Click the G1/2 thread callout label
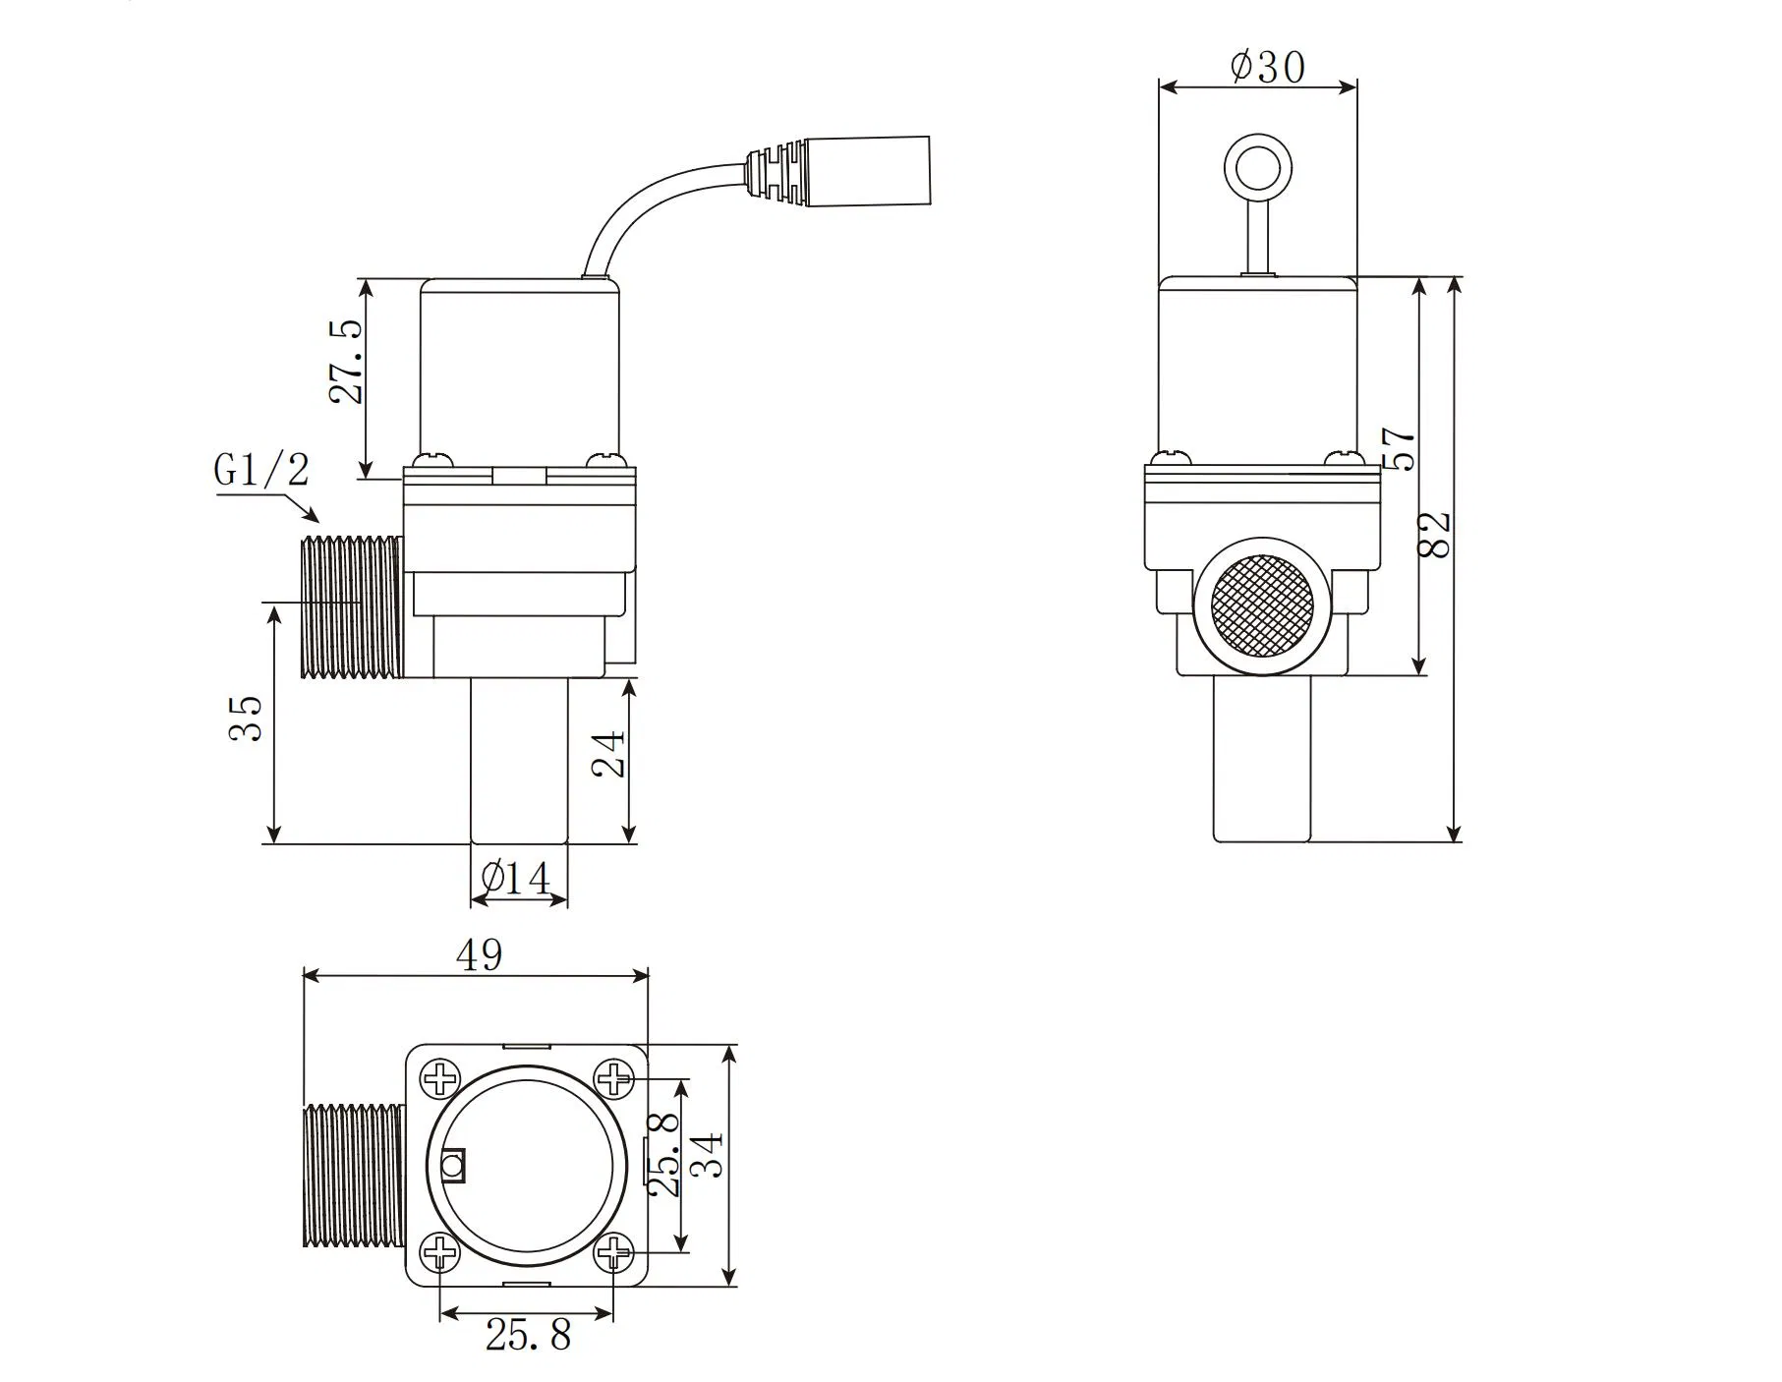coord(260,470)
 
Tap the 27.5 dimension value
coord(347,361)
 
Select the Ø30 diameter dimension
coord(1267,67)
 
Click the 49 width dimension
coord(480,954)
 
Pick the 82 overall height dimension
coord(1437,535)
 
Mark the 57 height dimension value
coord(1400,448)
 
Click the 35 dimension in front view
coord(246,719)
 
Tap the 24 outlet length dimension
coord(609,754)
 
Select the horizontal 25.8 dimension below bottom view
coord(528,1335)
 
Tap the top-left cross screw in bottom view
coord(439,1078)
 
